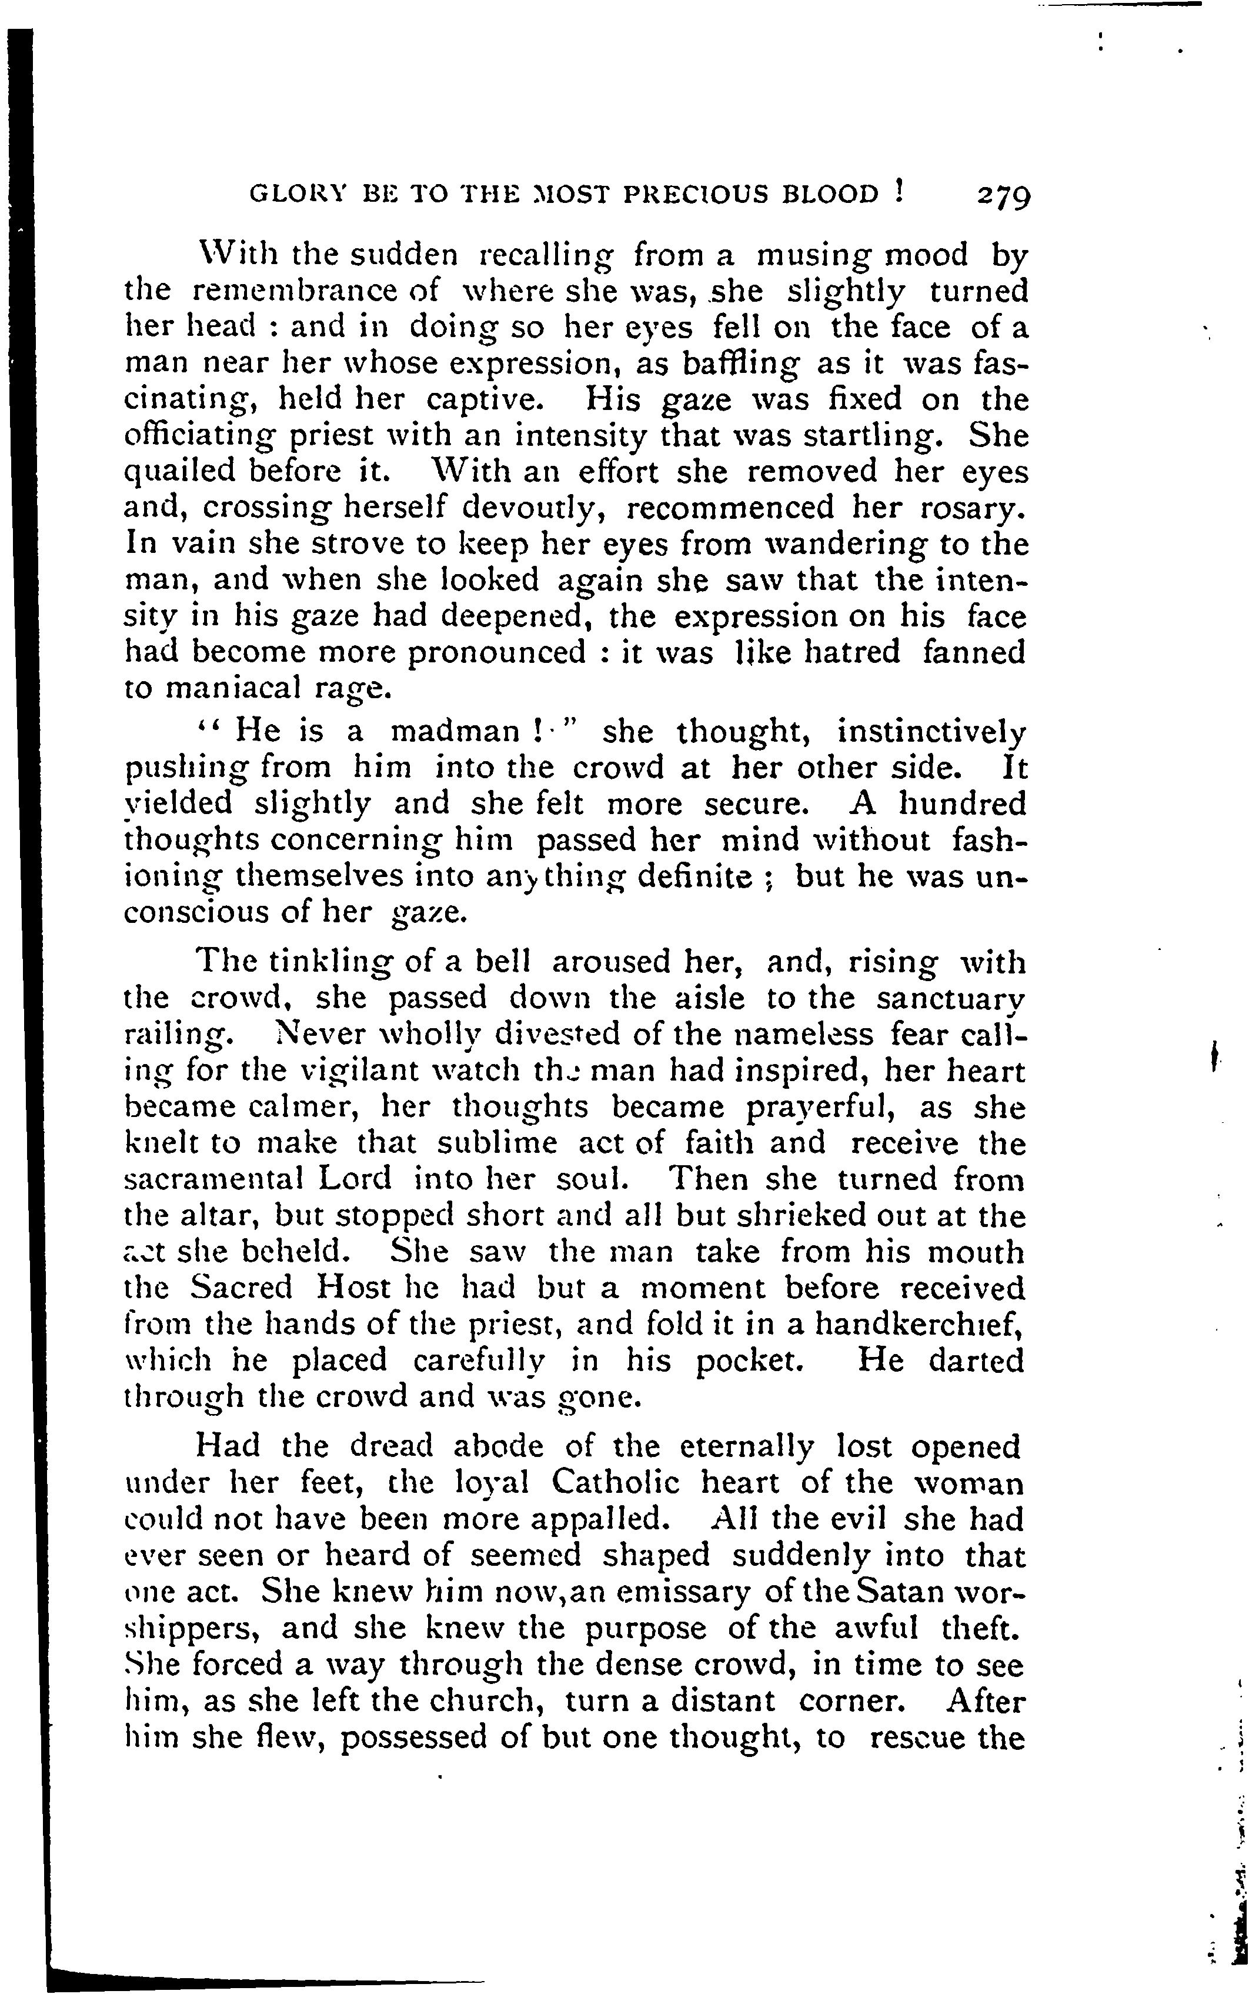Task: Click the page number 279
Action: pos(1004,198)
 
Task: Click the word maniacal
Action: pos(217,688)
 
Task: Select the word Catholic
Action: pos(616,1483)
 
